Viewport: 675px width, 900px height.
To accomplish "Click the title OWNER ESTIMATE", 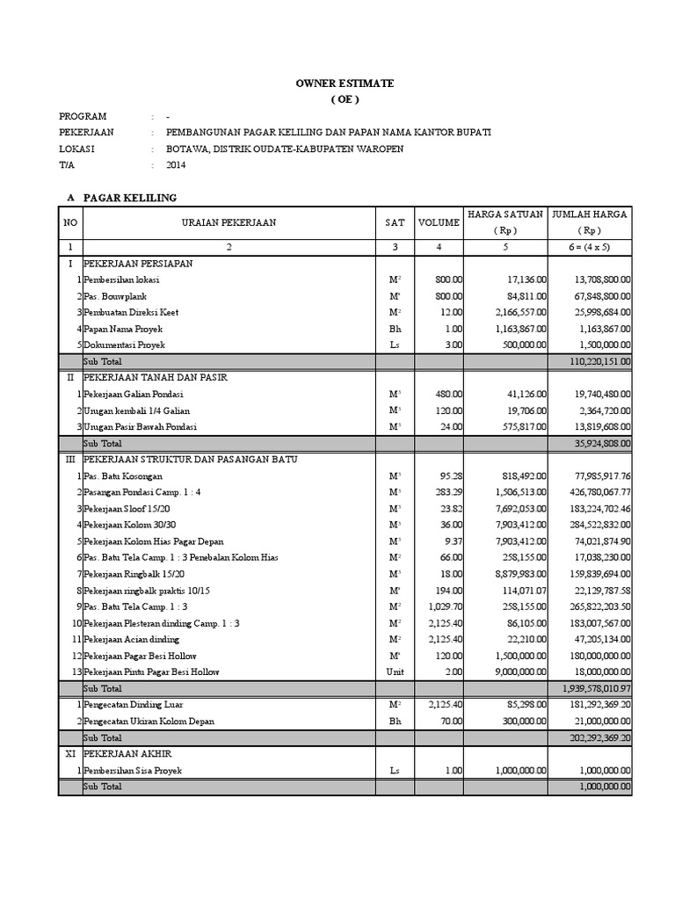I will [345, 83].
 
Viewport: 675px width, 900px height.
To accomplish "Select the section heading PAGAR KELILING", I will [130, 197].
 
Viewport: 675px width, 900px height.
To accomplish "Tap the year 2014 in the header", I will [177, 164].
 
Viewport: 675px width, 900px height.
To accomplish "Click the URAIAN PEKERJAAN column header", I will [229, 223].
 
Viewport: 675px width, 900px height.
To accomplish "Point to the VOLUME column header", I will [438, 223].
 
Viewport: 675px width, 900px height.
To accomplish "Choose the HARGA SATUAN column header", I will [504, 214].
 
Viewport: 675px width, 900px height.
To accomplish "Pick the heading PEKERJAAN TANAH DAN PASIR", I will [156, 377].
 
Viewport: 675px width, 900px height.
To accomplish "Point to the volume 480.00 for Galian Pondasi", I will [449, 394].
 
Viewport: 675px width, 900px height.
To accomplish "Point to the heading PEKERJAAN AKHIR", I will [127, 754].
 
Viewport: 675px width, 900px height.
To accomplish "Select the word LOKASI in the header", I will [76, 149].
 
